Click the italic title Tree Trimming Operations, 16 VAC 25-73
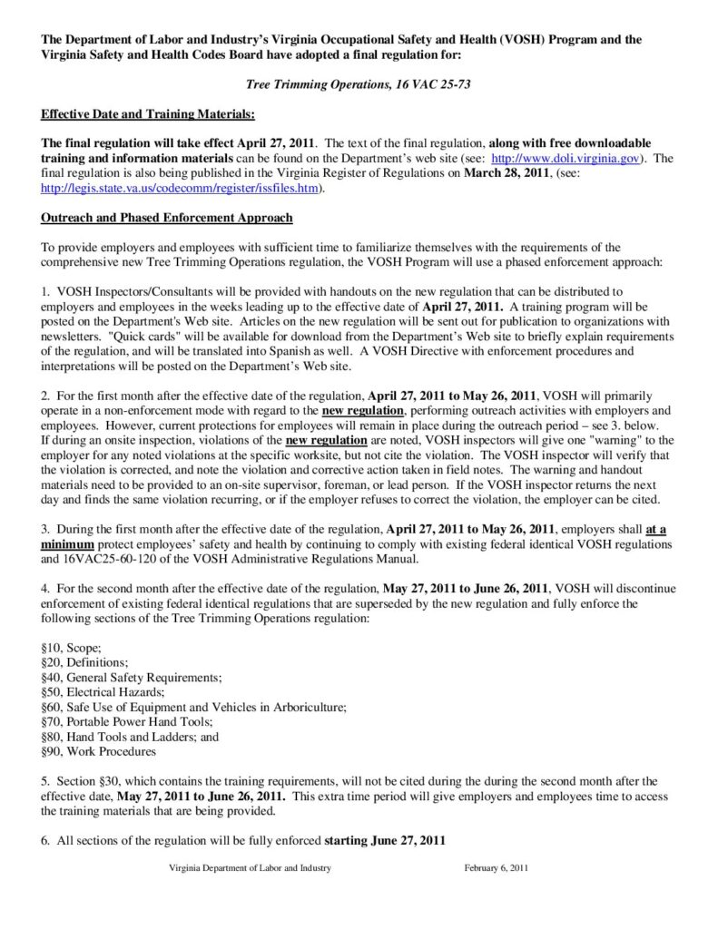pyautogui.click(x=359, y=84)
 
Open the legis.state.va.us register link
pyautogui.click(x=182, y=188)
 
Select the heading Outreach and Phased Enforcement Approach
pyautogui.click(x=167, y=218)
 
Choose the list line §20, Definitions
pyautogui.click(x=85, y=663)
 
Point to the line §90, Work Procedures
pyautogui.click(x=98, y=751)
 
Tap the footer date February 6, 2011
pyautogui.click(x=497, y=868)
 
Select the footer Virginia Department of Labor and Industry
pyautogui.click(x=250, y=868)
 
